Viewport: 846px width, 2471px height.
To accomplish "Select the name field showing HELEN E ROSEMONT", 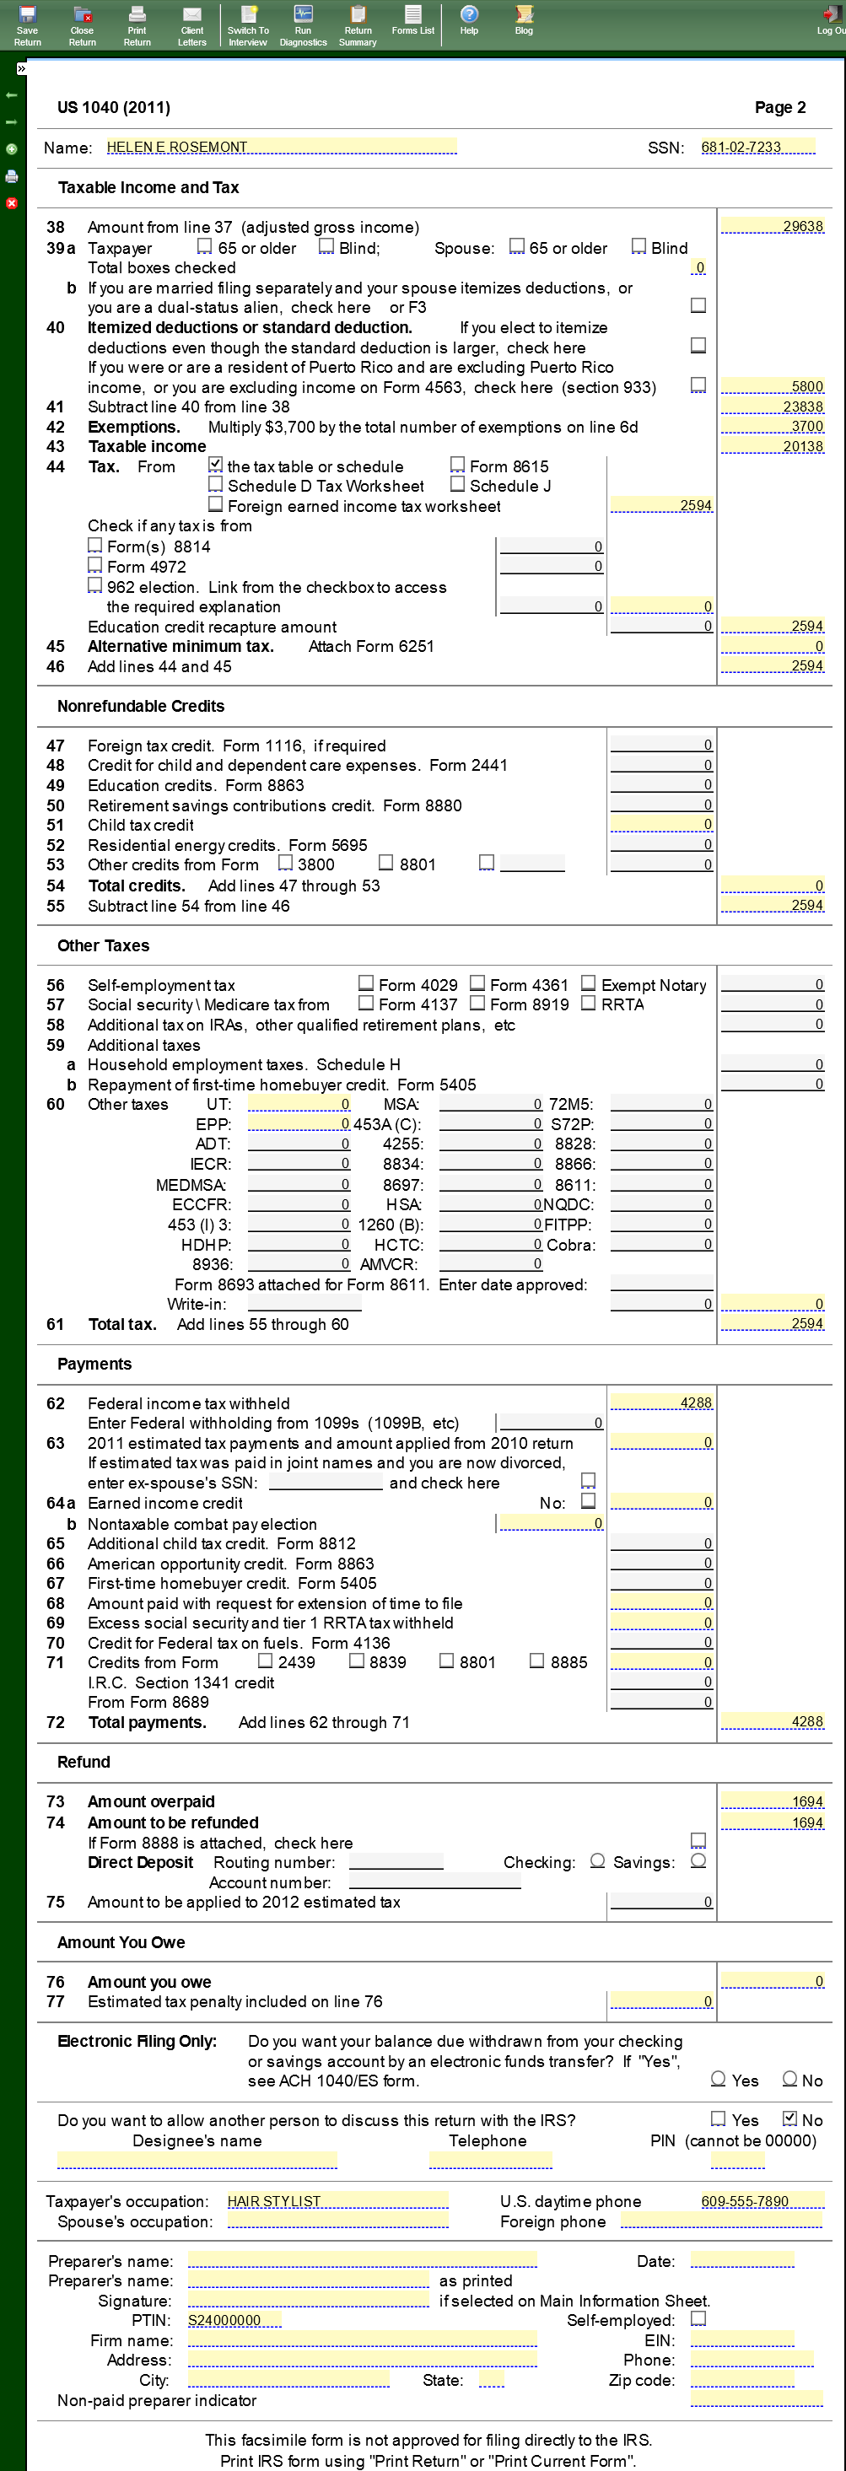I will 280,147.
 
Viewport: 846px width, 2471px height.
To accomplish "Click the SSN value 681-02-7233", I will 757,147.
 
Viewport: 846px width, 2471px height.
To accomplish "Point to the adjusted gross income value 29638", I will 772,226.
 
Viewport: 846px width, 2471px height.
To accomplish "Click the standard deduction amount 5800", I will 772,386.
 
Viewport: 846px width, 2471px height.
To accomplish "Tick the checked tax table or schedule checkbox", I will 216,466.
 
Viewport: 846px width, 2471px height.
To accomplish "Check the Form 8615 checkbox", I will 457,466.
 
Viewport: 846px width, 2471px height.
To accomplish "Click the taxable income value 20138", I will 772,446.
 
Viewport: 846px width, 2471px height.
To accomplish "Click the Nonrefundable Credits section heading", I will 141,706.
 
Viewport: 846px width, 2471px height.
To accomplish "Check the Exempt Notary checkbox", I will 589,983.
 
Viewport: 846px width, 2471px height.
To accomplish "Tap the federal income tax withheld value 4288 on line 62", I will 662,1402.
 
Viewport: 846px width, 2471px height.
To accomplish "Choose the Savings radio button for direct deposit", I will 698,1861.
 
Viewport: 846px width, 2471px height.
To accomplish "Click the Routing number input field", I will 396,1861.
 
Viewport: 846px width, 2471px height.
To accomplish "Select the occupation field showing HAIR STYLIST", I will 337,2200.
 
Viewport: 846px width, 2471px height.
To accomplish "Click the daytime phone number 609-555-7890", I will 761,2200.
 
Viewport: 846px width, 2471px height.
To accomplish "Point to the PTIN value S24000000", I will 234,2319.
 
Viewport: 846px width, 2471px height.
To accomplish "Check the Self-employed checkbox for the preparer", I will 698,2318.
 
